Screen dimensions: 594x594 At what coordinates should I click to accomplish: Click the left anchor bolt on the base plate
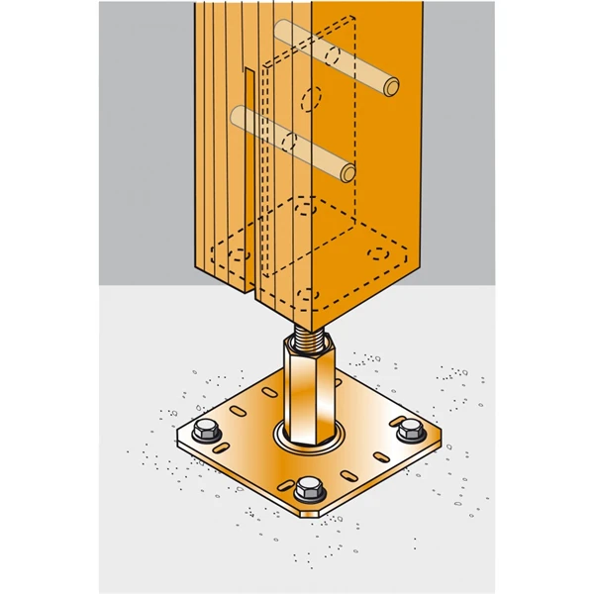click(x=207, y=431)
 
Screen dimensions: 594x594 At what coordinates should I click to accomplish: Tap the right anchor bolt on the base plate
click(x=409, y=432)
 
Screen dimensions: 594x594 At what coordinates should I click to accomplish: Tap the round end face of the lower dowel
click(x=347, y=174)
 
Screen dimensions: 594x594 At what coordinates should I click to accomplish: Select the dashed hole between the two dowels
click(x=311, y=100)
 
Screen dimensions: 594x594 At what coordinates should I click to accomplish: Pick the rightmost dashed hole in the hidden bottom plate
click(x=376, y=253)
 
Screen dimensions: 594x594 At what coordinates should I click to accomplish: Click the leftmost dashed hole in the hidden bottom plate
click(x=237, y=254)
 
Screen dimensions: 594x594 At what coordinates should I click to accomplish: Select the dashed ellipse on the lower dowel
click(x=288, y=142)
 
